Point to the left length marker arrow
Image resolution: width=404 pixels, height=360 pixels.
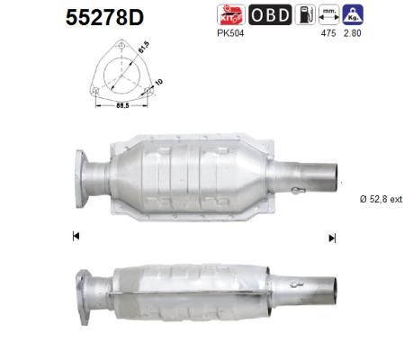(x=76, y=237)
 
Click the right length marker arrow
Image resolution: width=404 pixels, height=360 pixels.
(x=332, y=238)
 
